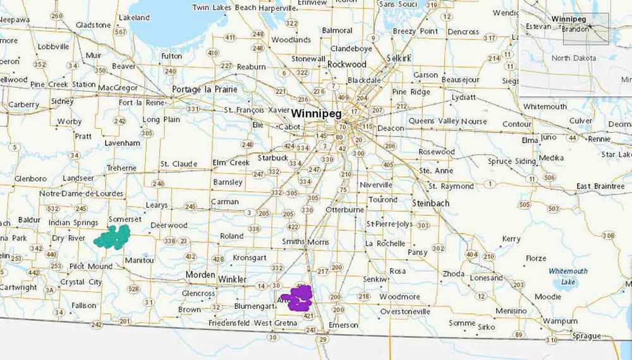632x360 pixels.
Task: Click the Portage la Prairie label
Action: [205, 90]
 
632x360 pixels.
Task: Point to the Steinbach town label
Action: [430, 203]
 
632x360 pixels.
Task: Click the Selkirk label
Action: [399, 58]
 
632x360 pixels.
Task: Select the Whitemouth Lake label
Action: [568, 276]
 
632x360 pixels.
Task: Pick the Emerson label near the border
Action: [344, 325]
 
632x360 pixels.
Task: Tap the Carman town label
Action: [225, 202]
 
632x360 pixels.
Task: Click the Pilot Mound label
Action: [91, 267]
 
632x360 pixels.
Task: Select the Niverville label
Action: [376, 184]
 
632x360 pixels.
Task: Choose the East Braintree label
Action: [600, 186]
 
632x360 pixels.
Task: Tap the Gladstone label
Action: [94, 25]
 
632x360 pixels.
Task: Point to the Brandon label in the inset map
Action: [575, 29]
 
